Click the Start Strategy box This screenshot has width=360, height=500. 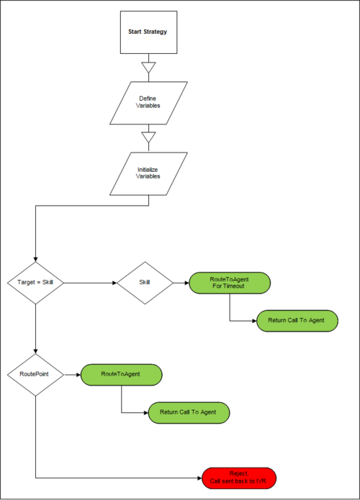pyautogui.click(x=149, y=32)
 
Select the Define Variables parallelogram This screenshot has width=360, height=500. pyautogui.click(x=149, y=103)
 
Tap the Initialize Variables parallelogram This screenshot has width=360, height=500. pyautogui.click(x=149, y=174)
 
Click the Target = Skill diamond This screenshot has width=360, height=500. pyautogui.click(x=35, y=283)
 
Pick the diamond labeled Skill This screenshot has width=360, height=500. pyautogui.click(x=145, y=283)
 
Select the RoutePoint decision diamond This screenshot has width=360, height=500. pyautogui.click(x=35, y=375)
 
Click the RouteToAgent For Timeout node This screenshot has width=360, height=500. pyautogui.click(x=230, y=283)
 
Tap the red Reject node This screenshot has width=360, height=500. pyautogui.click(x=239, y=478)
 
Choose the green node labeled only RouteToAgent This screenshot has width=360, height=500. pyautogui.click(x=121, y=375)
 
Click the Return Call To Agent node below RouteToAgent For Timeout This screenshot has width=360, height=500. pyautogui.click(x=297, y=321)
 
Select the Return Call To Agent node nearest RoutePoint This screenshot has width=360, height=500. pyautogui.click(x=189, y=413)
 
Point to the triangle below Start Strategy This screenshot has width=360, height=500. pyautogui.click(x=149, y=68)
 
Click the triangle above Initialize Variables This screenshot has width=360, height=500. pyautogui.click(x=149, y=137)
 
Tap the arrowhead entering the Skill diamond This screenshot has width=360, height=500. pyautogui.click(x=114, y=283)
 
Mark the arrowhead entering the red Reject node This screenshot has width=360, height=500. pyautogui.click(x=199, y=478)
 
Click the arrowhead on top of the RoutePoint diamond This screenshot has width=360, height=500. pyautogui.click(x=35, y=351)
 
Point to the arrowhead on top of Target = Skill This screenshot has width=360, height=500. pyautogui.click(x=35, y=259)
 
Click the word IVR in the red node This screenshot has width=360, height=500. pyautogui.click(x=261, y=481)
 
